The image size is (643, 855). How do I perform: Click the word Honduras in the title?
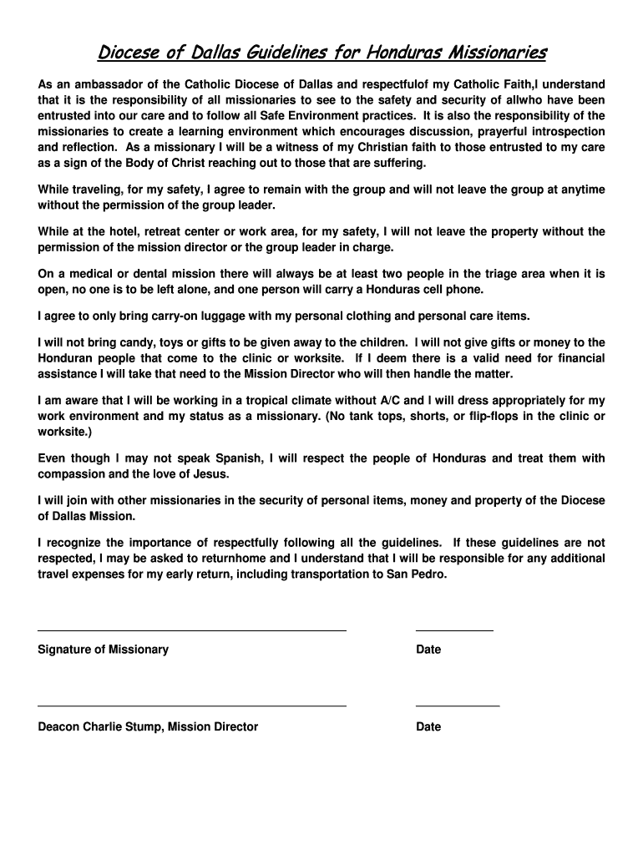click(402, 54)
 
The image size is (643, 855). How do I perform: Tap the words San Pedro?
click(416, 574)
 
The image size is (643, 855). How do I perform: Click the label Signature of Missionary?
click(103, 650)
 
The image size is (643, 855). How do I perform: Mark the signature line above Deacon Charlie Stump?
click(191, 706)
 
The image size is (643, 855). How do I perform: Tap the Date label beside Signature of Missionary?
click(428, 650)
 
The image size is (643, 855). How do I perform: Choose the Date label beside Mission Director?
click(428, 727)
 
